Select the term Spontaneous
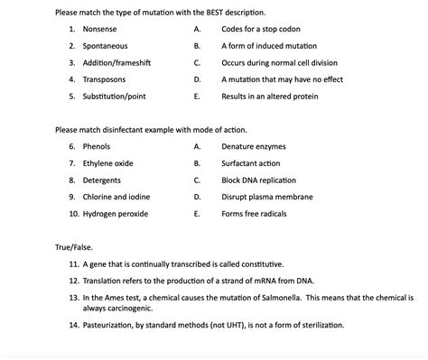105,45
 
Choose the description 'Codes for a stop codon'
261,29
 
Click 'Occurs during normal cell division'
278,62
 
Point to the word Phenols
97,145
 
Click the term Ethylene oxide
107,162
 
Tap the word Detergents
103,180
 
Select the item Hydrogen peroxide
116,214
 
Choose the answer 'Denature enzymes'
252,145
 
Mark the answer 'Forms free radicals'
256,214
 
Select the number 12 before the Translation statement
72,281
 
